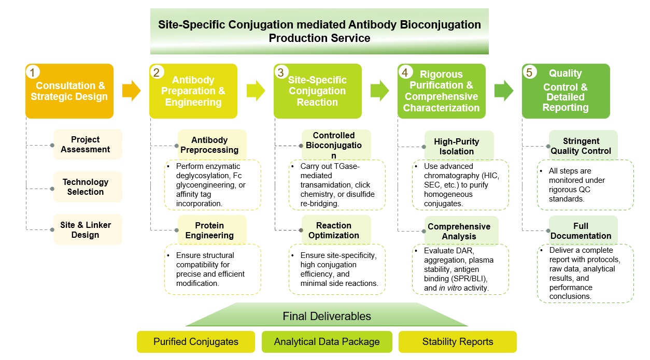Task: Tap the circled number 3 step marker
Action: coord(281,73)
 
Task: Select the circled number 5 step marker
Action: coord(529,73)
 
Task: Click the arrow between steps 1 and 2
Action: coord(131,91)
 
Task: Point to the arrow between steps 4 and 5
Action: coord(503,91)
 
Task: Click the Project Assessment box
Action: coord(88,145)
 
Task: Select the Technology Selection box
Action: coord(88,187)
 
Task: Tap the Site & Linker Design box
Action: coord(88,230)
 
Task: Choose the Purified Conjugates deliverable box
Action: coord(196,342)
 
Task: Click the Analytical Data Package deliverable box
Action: coord(327,342)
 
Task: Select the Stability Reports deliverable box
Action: coord(458,342)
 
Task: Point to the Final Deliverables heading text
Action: coord(327,316)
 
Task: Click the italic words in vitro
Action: coord(449,288)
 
